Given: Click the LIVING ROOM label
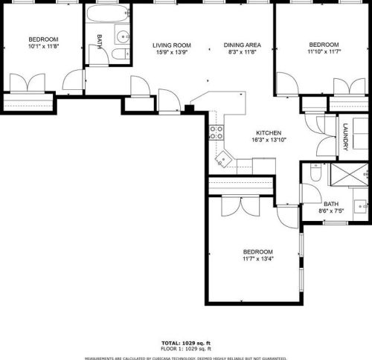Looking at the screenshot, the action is click(x=172, y=45).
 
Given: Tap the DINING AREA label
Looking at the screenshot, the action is click(x=243, y=45).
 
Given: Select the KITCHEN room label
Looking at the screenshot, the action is click(x=269, y=133).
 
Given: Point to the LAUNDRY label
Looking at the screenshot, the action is click(x=345, y=137).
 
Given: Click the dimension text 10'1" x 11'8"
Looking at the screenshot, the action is click(x=43, y=46).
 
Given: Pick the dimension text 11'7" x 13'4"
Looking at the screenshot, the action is click(x=258, y=259).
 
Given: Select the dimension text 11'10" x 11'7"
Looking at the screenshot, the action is click(x=324, y=51).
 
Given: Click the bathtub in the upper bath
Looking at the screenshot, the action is click(x=109, y=13).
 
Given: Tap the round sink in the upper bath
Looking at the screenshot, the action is click(x=123, y=36).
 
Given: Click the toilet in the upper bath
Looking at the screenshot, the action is click(x=121, y=54).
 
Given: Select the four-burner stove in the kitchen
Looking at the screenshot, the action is click(x=217, y=132).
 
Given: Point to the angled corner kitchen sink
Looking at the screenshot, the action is click(x=224, y=159).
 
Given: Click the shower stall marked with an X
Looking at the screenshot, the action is click(x=350, y=174).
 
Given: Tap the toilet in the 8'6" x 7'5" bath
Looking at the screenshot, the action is click(x=315, y=172).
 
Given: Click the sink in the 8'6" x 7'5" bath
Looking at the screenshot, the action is click(x=361, y=206).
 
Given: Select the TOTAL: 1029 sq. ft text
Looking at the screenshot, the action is click(x=186, y=344).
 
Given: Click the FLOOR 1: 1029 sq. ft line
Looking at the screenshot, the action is click(x=186, y=349).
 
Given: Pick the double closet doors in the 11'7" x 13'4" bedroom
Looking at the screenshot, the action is click(x=240, y=206).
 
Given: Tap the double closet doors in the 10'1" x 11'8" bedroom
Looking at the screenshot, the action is click(x=28, y=83).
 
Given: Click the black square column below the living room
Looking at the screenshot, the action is click(x=190, y=109).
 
